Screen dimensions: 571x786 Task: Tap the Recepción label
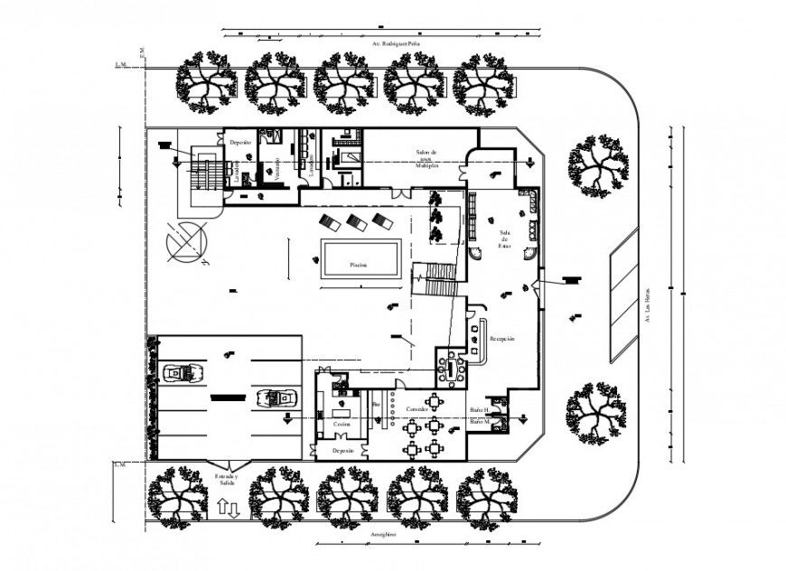(x=502, y=339)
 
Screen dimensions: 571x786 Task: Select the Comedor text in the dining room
(x=416, y=409)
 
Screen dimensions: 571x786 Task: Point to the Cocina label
(x=341, y=423)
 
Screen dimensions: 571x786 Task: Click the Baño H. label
(x=480, y=410)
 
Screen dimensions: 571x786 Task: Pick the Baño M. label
(x=480, y=422)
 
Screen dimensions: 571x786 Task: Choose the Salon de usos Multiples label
(x=426, y=159)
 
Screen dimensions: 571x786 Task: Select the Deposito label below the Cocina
(x=342, y=449)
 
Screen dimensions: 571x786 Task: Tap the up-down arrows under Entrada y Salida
(x=228, y=507)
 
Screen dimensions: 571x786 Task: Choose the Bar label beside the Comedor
(x=376, y=404)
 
